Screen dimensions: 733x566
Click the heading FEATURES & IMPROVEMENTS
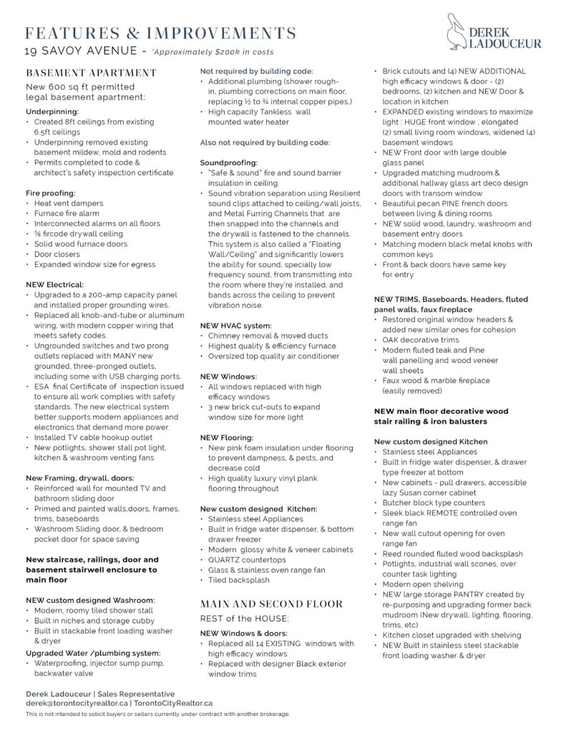[x=160, y=33]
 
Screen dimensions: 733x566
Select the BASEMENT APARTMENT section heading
[x=91, y=72]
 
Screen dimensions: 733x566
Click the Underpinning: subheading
[x=52, y=112]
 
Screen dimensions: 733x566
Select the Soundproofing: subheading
[x=228, y=162]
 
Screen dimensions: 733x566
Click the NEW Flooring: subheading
[x=226, y=437]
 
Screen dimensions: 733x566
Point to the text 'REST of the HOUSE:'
[x=244, y=618]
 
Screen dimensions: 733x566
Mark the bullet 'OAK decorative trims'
[x=419, y=340]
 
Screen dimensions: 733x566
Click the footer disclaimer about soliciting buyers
[x=157, y=714]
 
